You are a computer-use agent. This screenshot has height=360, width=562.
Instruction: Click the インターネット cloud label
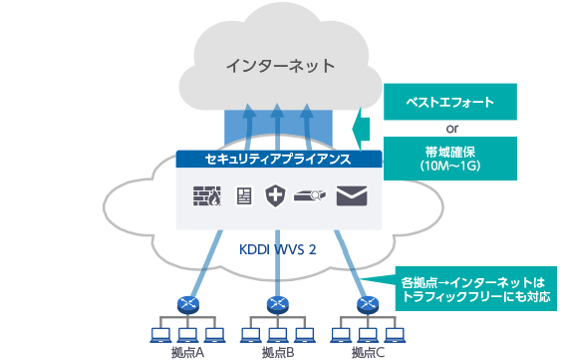click(x=279, y=67)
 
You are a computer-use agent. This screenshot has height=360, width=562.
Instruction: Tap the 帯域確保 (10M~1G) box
click(x=451, y=159)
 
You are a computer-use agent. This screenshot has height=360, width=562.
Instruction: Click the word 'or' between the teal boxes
click(x=451, y=130)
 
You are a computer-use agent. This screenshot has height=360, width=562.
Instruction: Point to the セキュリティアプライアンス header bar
click(x=279, y=159)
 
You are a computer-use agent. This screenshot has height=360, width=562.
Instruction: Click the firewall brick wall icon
click(x=206, y=196)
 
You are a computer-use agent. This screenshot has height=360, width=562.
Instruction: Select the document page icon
click(x=242, y=196)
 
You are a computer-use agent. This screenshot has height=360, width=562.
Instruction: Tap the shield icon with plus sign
click(x=276, y=196)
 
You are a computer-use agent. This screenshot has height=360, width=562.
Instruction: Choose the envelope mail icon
click(x=351, y=196)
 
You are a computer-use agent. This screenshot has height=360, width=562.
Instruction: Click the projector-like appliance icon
click(x=312, y=197)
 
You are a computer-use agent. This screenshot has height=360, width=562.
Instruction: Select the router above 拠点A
click(x=185, y=303)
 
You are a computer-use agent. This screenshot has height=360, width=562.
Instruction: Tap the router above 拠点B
click(x=277, y=303)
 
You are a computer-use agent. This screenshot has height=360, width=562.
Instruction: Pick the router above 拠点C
click(x=366, y=303)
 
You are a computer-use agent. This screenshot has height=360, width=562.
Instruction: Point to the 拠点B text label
click(x=277, y=352)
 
